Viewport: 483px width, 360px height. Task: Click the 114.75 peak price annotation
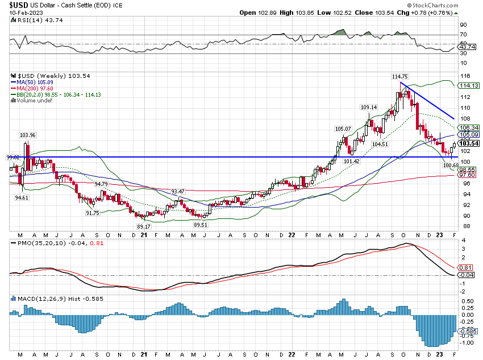pos(400,77)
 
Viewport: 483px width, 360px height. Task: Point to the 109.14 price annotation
pos(369,107)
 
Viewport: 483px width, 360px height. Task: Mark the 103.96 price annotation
pos(28,135)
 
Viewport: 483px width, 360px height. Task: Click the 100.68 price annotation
pos(451,165)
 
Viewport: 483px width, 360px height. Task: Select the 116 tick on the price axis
pos(464,76)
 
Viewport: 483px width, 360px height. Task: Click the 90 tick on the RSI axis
pos(463,25)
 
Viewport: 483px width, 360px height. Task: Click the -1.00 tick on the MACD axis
pos(467,343)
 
